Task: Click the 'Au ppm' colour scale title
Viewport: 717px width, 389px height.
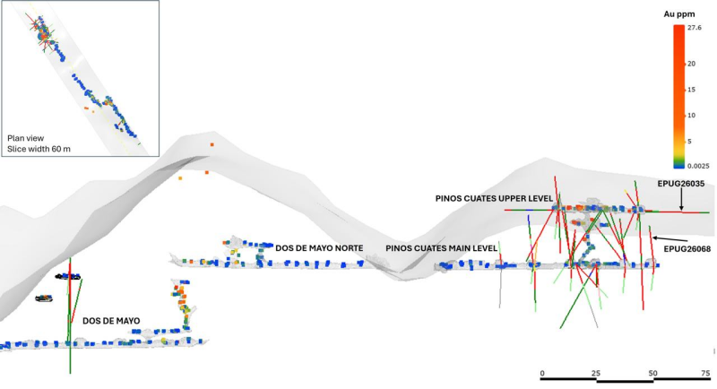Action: [679, 14]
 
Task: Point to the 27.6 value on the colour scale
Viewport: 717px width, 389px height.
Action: [694, 28]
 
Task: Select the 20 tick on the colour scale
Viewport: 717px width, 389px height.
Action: [691, 64]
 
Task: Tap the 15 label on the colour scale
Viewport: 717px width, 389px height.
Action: [691, 90]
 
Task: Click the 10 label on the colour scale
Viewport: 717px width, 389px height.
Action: [691, 116]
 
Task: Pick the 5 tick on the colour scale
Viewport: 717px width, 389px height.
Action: [689, 142]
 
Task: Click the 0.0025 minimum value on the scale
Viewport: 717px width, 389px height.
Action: [698, 166]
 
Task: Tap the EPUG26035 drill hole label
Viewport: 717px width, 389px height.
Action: [681, 184]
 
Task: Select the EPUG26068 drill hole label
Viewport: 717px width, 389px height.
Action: [687, 248]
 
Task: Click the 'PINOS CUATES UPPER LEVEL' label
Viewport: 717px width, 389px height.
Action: [494, 199]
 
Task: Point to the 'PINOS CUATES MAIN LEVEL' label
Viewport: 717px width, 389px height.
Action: [441, 248]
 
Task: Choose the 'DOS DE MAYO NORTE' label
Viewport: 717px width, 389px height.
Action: [319, 248]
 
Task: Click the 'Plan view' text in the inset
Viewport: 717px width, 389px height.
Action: [26, 138]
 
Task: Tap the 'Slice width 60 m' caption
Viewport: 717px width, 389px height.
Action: [39, 149]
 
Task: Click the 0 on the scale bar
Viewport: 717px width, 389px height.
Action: [542, 374]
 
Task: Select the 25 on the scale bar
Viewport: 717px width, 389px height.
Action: [596, 374]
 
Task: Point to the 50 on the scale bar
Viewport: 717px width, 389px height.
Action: [653, 374]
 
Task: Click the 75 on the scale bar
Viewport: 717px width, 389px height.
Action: [705, 374]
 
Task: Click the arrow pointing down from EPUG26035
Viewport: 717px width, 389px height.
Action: [681, 200]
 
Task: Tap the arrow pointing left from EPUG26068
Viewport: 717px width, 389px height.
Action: [669, 239]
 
